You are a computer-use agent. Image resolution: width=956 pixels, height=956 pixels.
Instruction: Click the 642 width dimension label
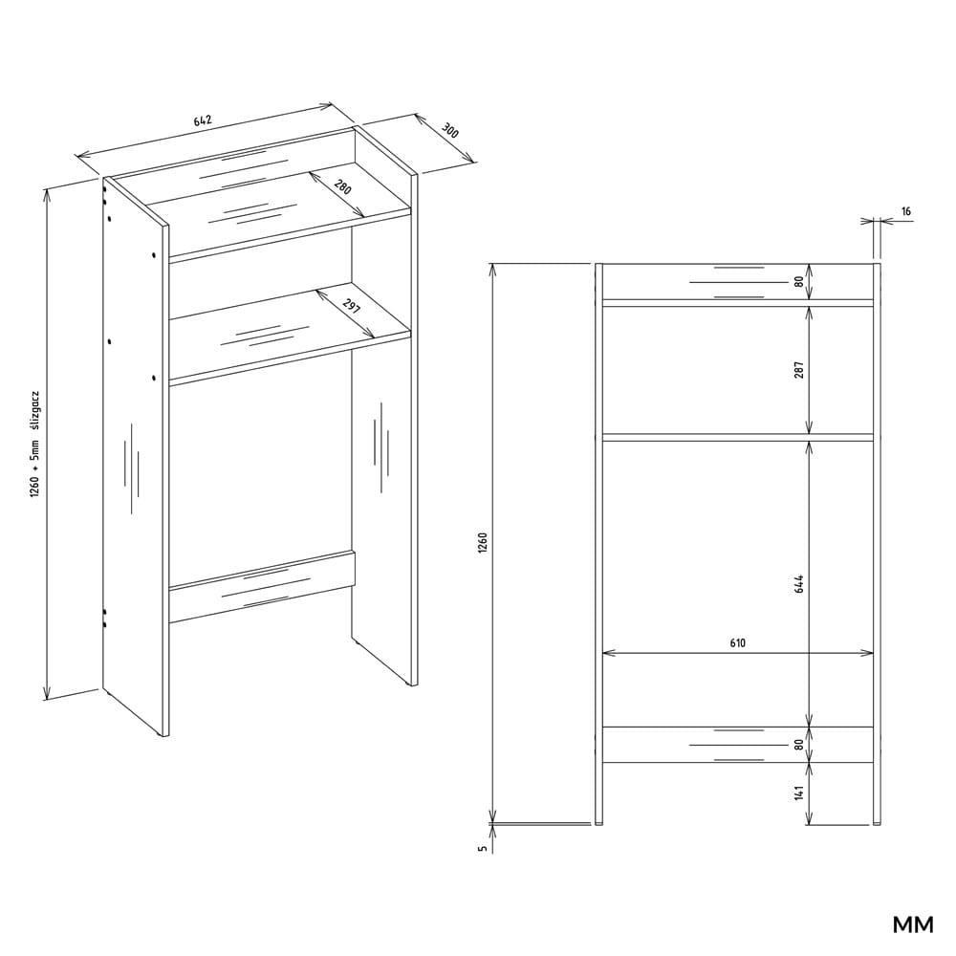[x=203, y=120]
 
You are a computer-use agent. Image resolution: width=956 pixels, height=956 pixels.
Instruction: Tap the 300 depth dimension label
[x=450, y=131]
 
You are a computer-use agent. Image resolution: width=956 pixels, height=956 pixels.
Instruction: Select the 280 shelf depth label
[x=342, y=186]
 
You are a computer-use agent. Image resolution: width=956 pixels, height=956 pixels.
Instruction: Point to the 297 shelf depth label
[x=353, y=307]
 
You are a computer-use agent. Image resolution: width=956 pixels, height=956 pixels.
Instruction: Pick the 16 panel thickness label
[x=906, y=211]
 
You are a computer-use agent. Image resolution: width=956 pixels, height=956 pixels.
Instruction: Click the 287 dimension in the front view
[x=799, y=369]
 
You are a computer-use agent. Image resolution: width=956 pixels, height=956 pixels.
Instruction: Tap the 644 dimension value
[x=799, y=583]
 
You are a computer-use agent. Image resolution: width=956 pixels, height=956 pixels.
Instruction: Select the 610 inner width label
[x=737, y=642]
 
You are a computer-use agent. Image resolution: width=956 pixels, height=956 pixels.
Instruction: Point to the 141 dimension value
[x=799, y=792]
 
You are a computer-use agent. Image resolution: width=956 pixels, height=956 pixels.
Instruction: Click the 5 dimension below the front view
[x=483, y=848]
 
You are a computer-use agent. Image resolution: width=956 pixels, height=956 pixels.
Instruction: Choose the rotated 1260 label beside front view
[x=483, y=543]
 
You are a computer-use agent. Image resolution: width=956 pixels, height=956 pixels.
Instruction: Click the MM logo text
[x=913, y=924]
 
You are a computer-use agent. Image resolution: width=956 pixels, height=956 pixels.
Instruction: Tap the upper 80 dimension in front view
[x=799, y=282]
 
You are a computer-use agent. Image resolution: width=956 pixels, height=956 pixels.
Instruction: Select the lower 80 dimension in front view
[x=799, y=745]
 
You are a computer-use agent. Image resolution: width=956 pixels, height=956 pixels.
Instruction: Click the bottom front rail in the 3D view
[x=262, y=588]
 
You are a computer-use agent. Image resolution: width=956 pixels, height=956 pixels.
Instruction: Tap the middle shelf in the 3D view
[x=290, y=334]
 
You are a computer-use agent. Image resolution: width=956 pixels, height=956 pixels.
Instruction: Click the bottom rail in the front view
[x=738, y=745]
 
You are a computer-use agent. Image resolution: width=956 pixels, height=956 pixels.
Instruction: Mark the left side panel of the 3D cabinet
[x=136, y=457]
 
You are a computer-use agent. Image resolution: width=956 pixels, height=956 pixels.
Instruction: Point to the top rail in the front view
[x=738, y=282]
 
